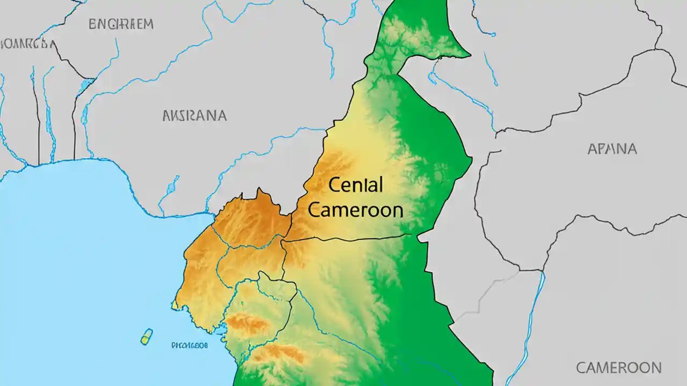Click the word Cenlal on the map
[x=355, y=185]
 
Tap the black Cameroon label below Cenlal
[x=355, y=210]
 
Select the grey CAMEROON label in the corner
[x=618, y=368]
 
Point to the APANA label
[x=612, y=149]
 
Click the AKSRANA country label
[x=194, y=115]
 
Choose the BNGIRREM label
[x=121, y=24]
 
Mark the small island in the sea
[x=147, y=336]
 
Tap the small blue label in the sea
[x=189, y=346]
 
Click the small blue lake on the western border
[x=86, y=85]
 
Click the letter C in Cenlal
[x=333, y=186]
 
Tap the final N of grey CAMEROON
[x=655, y=368]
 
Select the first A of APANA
[x=592, y=149]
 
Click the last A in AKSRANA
[x=221, y=115]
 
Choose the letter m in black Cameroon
[x=346, y=211]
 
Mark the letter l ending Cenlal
[x=381, y=185]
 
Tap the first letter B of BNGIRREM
[x=92, y=24]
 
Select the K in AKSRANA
[x=177, y=115]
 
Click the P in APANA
[x=603, y=149]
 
